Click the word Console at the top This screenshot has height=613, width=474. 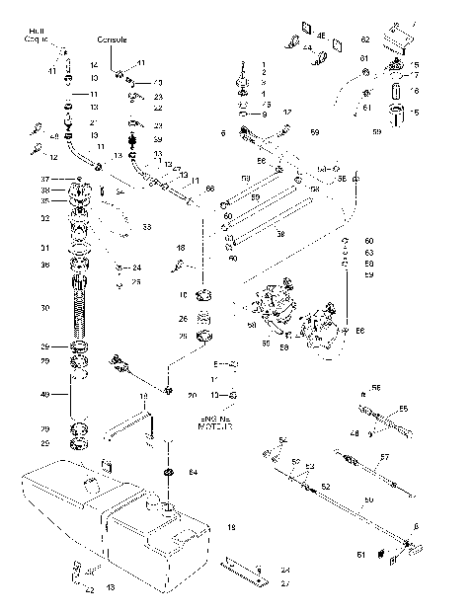pos(112,38)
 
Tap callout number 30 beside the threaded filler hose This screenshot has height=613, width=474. pos(44,309)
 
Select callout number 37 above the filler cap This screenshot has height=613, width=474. pos(44,179)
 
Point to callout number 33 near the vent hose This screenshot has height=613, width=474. pos(146,228)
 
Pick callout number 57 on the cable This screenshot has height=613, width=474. pos(386,457)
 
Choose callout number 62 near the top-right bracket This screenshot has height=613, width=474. pos(363,39)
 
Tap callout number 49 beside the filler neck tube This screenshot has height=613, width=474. pos(44,396)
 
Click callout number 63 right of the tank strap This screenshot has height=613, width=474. pos(368,253)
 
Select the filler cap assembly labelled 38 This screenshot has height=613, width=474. pos(79,192)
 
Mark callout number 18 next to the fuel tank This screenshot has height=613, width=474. pos(231,528)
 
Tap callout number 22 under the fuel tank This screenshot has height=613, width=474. pos(89,590)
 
